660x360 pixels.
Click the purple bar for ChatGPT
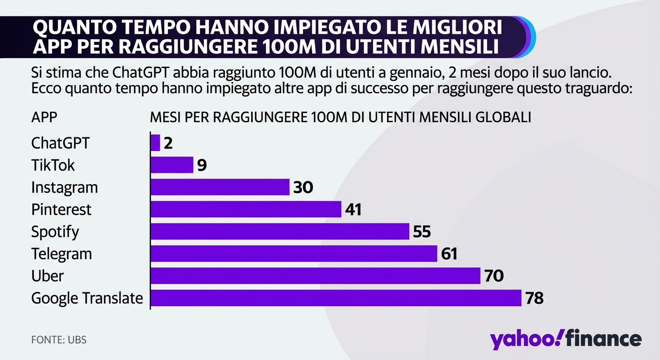pyautogui.click(x=156, y=143)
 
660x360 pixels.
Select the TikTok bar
pyautogui.click(x=172, y=165)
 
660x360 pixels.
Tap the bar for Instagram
pyautogui.click(x=220, y=187)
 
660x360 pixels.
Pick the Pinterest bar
pyautogui.click(x=246, y=209)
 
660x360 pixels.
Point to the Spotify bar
pyautogui.click(x=280, y=232)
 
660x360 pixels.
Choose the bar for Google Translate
pyautogui.click(x=336, y=298)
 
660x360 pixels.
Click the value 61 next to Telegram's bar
pyautogui.click(x=449, y=254)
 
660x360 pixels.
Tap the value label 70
pyautogui.click(x=494, y=276)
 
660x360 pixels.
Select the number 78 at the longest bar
pyautogui.click(x=534, y=298)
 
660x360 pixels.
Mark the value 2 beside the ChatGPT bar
pyautogui.click(x=168, y=143)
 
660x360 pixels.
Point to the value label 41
pyautogui.click(x=353, y=210)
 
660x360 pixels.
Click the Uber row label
pyautogui.click(x=47, y=276)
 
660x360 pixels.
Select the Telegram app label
pyautogui.click(x=61, y=254)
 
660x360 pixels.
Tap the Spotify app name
pyautogui.click(x=55, y=232)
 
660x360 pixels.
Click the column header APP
pyautogui.click(x=44, y=117)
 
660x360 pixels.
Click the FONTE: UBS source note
pyautogui.click(x=59, y=339)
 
